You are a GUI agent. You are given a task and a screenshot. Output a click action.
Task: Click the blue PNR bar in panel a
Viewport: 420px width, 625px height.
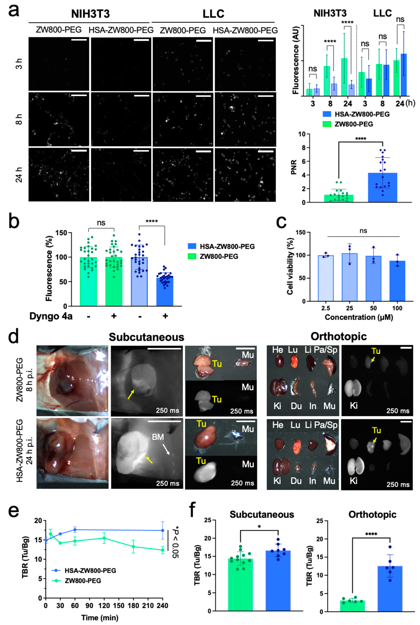(x=383, y=187)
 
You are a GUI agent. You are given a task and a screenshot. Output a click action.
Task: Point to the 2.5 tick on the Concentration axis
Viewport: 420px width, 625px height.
(x=326, y=308)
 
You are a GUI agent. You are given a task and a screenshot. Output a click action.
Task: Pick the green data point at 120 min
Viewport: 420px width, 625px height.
(x=104, y=538)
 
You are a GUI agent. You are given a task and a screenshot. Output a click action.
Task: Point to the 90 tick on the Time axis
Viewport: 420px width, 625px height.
(x=90, y=605)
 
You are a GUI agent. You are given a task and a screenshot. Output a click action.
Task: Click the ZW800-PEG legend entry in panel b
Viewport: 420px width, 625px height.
(x=219, y=256)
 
